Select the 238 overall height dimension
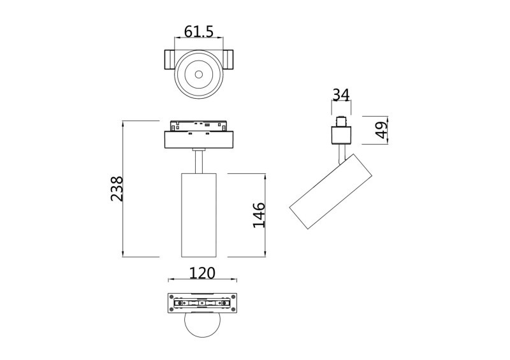[x=117, y=189]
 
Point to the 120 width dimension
[x=202, y=273]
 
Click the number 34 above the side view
[x=340, y=95]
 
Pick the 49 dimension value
[x=381, y=131]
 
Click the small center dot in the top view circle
[x=198, y=75]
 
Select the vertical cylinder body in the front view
[x=198, y=214]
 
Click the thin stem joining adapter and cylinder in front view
[x=198, y=161]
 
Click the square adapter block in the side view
[x=341, y=134]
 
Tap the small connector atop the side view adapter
[x=341, y=120]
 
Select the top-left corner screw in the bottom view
[x=171, y=296]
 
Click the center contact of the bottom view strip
[x=202, y=304]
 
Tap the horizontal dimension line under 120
[x=202, y=280]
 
